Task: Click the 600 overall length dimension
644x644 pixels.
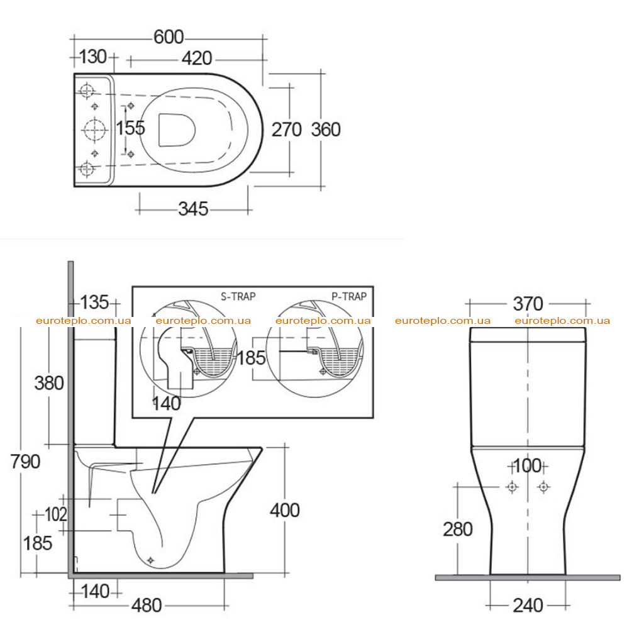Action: click(x=169, y=37)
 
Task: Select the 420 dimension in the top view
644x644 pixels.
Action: click(x=197, y=58)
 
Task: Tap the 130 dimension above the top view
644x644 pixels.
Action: click(x=93, y=57)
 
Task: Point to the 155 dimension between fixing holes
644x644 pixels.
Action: click(x=131, y=128)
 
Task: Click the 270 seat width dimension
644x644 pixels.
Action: click(x=287, y=130)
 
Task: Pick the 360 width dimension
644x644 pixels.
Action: click(x=326, y=130)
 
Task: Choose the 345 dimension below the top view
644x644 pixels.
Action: click(x=193, y=209)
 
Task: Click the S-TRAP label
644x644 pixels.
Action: click(x=238, y=297)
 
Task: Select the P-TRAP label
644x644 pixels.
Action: click(x=349, y=297)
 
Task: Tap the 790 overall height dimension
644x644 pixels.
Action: click(x=25, y=462)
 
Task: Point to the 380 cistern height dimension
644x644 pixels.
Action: click(x=49, y=383)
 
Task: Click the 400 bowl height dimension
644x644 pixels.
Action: click(x=285, y=511)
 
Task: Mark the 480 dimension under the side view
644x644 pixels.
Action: click(x=147, y=606)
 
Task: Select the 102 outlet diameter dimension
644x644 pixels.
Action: click(x=55, y=514)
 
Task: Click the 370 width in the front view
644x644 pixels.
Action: click(x=528, y=304)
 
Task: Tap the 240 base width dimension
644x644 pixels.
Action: click(x=528, y=606)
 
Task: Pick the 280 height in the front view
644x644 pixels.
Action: click(x=458, y=530)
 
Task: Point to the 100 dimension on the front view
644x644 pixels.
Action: click(x=528, y=466)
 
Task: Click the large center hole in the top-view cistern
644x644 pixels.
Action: click(x=95, y=130)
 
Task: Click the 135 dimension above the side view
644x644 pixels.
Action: click(x=94, y=303)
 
